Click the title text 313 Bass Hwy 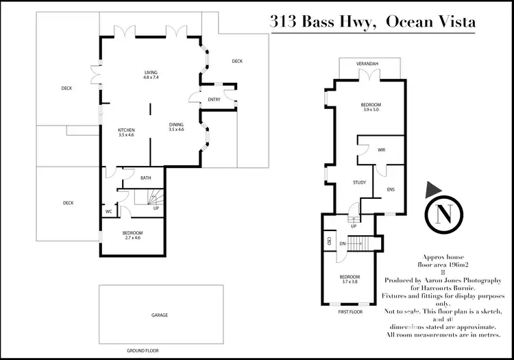(321, 23)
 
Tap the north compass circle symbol (442, 215)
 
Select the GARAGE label (160, 315)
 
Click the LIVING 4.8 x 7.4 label (151, 75)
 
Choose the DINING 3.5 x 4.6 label (176, 127)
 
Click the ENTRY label (215, 99)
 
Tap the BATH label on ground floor (145, 178)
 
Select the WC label (108, 212)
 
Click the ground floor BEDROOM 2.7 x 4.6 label (132, 235)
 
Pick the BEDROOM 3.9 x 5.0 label (370, 107)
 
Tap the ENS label (390, 190)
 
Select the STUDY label (359, 182)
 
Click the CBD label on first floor (330, 241)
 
